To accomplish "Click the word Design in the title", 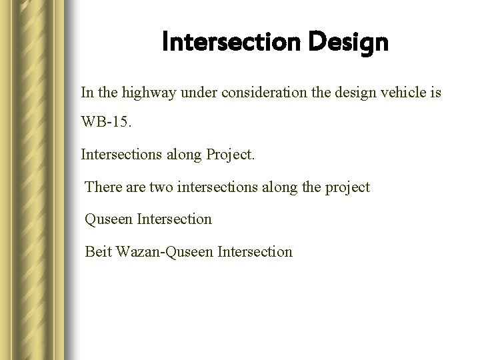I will (x=348, y=43).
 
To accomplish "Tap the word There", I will (x=103, y=187).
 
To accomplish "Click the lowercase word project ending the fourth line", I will (x=347, y=188).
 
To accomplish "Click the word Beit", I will (x=97, y=251).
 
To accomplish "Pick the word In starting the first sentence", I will (x=87, y=91).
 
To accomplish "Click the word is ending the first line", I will (x=435, y=91).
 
